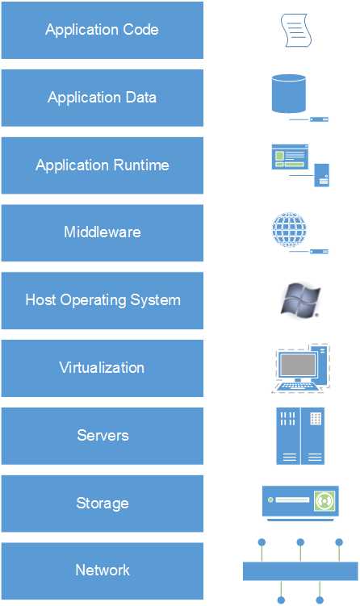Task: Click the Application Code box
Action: [102, 31]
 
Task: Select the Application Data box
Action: [102, 98]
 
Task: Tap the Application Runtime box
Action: [102, 165]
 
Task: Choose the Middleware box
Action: [102, 232]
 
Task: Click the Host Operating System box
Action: [102, 300]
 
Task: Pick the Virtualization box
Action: [102, 368]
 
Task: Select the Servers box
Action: [102, 436]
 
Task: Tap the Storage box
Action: [102, 504]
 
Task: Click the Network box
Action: [102, 570]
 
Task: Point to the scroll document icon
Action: [295, 31]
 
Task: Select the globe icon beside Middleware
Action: [289, 228]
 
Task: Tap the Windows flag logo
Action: [296, 299]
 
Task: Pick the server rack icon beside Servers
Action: [300, 436]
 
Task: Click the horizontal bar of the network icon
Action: [300, 571]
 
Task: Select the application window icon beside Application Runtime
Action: [290, 157]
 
